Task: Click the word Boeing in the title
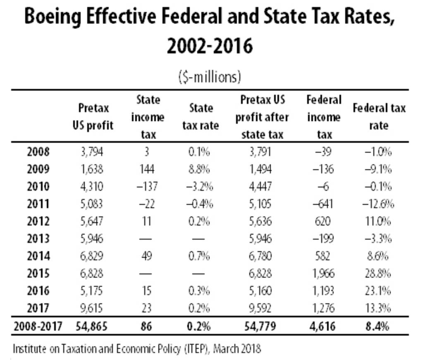pyautogui.click(x=53, y=17)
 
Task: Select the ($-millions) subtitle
pyautogui.click(x=210, y=77)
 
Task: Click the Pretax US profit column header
pyautogui.click(x=93, y=117)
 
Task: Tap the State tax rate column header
pyautogui.click(x=201, y=117)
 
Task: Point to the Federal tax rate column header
pyautogui.click(x=379, y=117)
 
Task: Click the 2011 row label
pyautogui.click(x=38, y=204)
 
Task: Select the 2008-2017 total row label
pyautogui.click(x=38, y=326)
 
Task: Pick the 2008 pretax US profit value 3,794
pyautogui.click(x=92, y=152)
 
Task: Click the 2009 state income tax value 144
pyautogui.click(x=147, y=169)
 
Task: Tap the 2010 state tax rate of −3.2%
pyautogui.click(x=200, y=187)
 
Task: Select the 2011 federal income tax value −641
pyautogui.click(x=323, y=204)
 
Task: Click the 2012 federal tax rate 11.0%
pyautogui.click(x=378, y=221)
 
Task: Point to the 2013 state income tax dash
pyautogui.click(x=146, y=239)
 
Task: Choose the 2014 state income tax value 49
pyautogui.click(x=147, y=256)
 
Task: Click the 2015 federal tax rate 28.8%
pyautogui.click(x=378, y=274)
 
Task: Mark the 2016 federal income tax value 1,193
pyautogui.click(x=323, y=291)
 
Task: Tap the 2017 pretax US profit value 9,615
pyautogui.click(x=92, y=308)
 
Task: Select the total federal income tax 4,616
pyautogui.click(x=322, y=326)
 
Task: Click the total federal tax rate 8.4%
pyautogui.click(x=377, y=326)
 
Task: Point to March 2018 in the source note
pyautogui.click(x=237, y=348)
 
